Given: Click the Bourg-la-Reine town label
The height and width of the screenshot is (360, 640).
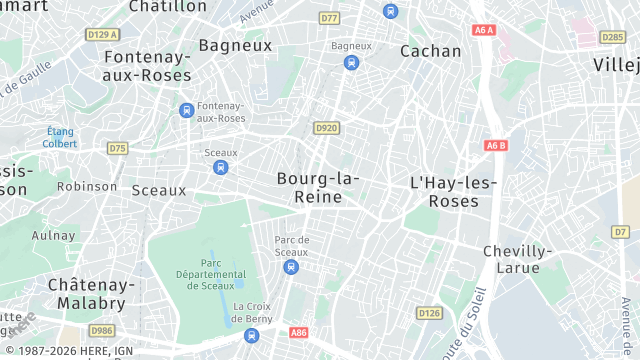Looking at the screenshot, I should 318,187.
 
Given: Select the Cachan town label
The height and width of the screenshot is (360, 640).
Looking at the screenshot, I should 431,51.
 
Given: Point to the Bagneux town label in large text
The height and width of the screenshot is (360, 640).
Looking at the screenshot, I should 235,45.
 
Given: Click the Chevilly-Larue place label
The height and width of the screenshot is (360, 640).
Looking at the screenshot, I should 517,259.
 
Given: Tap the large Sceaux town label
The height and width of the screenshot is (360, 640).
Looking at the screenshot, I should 159,190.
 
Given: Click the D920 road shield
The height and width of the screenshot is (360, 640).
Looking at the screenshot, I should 326,128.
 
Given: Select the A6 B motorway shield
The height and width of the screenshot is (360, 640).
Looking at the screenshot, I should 496,145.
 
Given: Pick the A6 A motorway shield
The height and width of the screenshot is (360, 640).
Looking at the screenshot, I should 484,30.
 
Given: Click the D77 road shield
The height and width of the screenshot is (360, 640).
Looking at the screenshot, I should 329,18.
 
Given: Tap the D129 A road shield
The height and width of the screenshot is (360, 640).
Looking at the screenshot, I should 103,34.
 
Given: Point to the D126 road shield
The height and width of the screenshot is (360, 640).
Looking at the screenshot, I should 429,313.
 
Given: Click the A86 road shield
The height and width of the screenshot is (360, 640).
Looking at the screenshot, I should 298,332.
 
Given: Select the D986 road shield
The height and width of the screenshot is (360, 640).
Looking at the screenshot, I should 102,330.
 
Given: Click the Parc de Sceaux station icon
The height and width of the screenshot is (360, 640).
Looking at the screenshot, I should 291,267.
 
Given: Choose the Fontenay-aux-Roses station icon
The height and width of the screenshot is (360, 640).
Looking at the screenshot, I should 186,110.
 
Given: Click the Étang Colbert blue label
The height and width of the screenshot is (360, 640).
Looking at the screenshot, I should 60,137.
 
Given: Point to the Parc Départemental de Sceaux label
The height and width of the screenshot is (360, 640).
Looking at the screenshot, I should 210,273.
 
